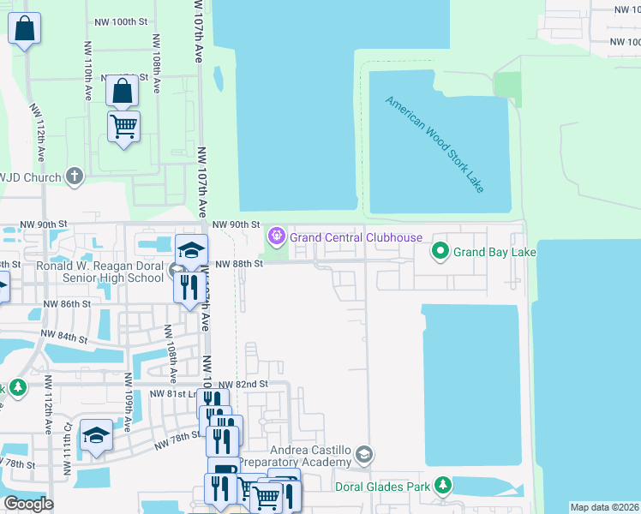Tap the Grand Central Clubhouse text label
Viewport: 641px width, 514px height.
tap(356, 237)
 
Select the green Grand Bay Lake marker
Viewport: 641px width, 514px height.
tap(440, 251)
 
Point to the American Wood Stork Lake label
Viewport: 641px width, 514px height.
tap(434, 143)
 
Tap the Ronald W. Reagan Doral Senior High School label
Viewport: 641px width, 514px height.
tap(99, 272)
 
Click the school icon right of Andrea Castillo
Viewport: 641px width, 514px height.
tap(364, 453)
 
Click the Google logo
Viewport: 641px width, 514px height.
tap(28, 503)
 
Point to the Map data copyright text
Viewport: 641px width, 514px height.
tap(605, 507)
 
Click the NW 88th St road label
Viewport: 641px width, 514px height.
tap(237, 264)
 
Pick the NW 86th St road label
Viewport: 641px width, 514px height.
tap(67, 304)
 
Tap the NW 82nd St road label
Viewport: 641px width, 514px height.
tap(243, 385)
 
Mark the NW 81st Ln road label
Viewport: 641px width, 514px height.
tap(173, 394)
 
